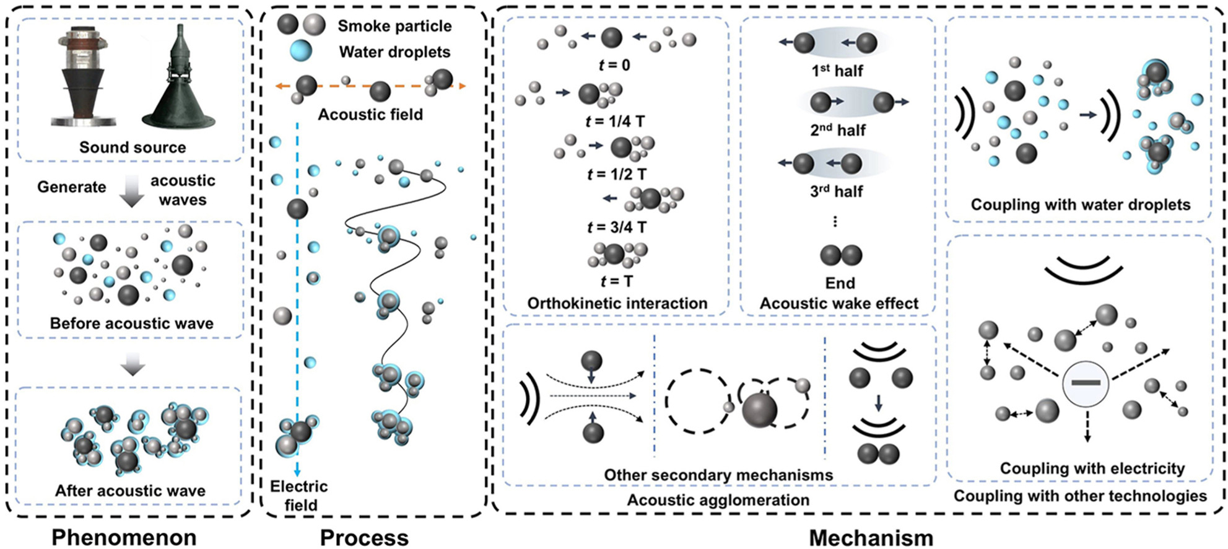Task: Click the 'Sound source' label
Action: [133, 147]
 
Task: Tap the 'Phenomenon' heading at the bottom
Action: [124, 537]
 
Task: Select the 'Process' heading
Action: [364, 537]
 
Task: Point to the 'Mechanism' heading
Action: [871, 537]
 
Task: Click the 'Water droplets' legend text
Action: [394, 52]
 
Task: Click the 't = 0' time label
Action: [614, 65]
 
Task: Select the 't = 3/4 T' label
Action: [617, 227]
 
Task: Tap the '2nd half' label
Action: [838, 130]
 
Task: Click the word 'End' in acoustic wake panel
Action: [840, 283]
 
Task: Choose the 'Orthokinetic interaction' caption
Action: [617, 303]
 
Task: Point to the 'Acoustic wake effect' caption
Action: [839, 303]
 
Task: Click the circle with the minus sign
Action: [1086, 383]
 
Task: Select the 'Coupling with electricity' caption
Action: [1092, 468]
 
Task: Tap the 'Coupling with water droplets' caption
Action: [1080, 204]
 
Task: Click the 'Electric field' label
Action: [300, 496]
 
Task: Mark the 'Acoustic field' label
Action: [370, 115]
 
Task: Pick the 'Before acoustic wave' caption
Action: [131, 323]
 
